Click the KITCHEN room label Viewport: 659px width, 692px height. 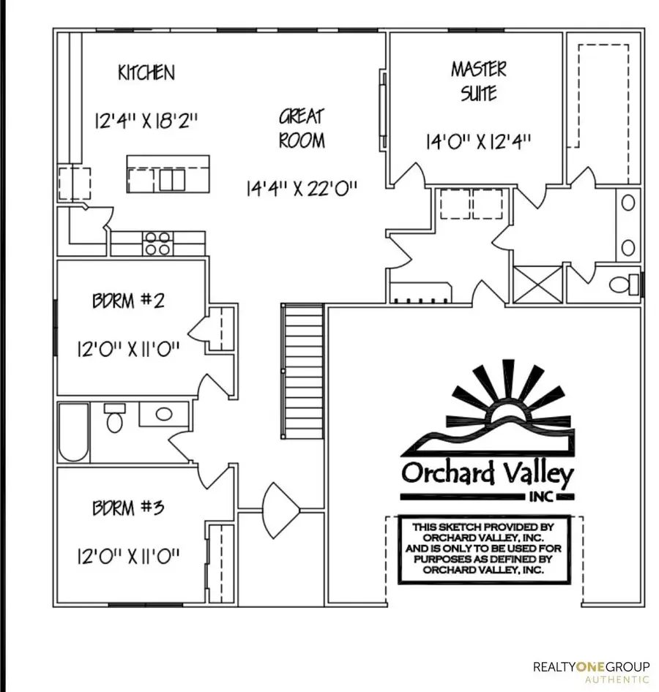[146, 72]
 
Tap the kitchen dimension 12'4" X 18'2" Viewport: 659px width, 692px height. [146, 120]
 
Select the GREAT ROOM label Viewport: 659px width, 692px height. [301, 128]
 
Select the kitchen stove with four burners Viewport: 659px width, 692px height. [157, 243]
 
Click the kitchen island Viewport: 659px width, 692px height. [168, 174]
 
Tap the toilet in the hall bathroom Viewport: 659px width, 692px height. [114, 419]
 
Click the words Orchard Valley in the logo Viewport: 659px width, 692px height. [486, 473]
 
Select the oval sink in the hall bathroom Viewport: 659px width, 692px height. [164, 413]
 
